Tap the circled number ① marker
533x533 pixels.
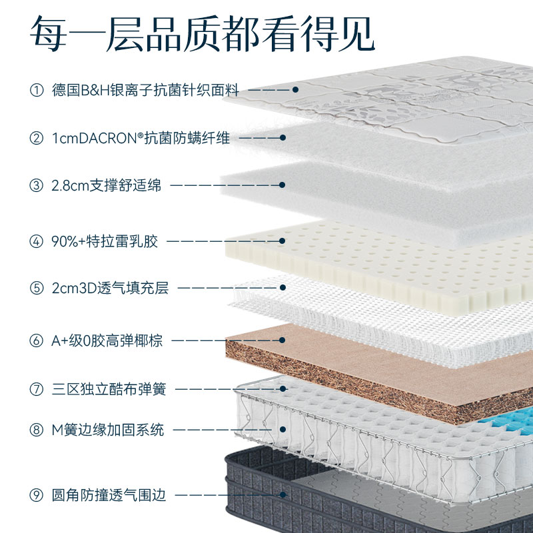coord(36,89)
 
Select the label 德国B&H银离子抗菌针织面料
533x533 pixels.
coord(145,89)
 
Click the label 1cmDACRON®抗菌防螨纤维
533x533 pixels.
coord(141,139)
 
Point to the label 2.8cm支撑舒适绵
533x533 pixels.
coord(107,186)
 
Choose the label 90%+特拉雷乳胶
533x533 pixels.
coord(105,241)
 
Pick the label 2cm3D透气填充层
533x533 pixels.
coord(110,288)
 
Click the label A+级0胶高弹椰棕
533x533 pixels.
coord(107,341)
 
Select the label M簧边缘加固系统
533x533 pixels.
coord(107,430)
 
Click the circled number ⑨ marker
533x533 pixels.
coord(36,495)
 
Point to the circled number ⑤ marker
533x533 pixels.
coord(36,288)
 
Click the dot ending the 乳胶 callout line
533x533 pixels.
coord(282,241)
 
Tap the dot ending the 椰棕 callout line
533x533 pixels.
coord(282,341)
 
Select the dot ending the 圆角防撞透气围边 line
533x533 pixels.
coord(282,495)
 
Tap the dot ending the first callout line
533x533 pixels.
coord(294,89)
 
